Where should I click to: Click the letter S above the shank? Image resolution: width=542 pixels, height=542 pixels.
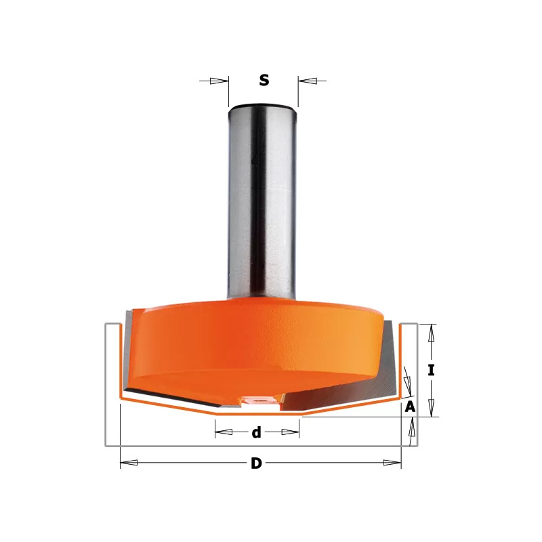click(264, 80)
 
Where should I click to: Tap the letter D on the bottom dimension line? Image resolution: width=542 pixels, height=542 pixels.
click(256, 463)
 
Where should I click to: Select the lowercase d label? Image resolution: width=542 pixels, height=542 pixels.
click(256, 432)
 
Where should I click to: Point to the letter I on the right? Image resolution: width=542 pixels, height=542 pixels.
click(431, 371)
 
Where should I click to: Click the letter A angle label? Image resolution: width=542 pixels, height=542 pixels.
click(410, 407)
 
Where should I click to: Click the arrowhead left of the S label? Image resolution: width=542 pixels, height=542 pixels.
click(219, 81)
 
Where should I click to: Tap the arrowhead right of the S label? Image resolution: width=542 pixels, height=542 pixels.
click(308, 81)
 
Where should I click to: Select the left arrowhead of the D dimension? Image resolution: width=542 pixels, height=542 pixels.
click(129, 463)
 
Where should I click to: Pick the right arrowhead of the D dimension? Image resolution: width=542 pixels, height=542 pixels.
click(392, 463)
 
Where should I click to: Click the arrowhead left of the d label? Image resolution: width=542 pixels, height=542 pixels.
click(224, 432)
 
